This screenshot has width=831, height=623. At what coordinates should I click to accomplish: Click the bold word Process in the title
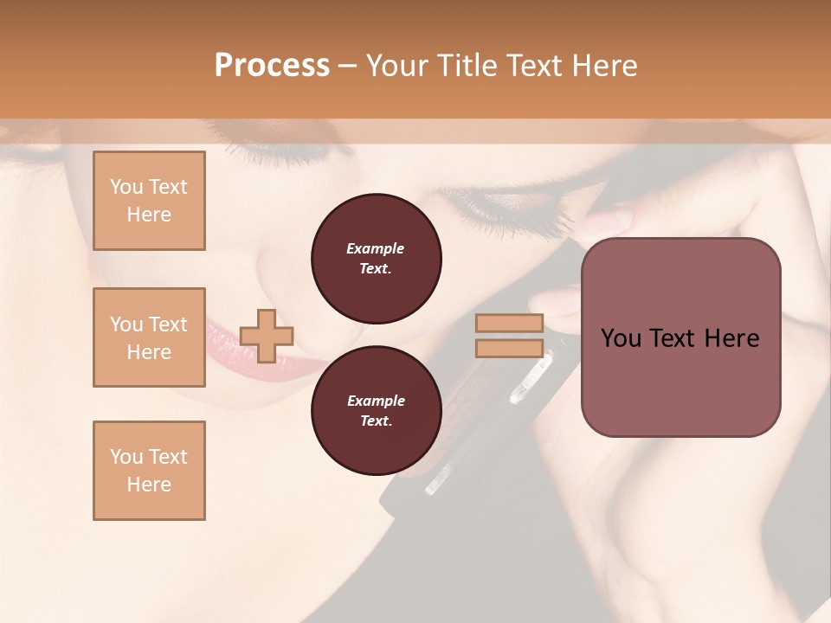(272, 66)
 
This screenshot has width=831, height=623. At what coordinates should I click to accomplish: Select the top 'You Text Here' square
(149, 201)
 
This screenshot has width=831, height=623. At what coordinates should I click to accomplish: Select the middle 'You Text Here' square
(149, 337)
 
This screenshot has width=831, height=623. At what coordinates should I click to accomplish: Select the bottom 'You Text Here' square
(149, 471)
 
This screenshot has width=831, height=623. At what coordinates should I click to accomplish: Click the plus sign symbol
(267, 336)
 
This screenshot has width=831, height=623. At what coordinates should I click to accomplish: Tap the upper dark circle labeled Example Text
(376, 259)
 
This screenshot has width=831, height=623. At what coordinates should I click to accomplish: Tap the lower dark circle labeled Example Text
(376, 411)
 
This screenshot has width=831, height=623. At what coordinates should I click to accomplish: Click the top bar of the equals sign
(510, 324)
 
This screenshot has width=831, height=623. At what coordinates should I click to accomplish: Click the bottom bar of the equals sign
(510, 348)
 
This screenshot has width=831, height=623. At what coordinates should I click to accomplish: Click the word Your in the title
(395, 66)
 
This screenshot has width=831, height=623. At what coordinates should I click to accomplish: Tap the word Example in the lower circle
(376, 401)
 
